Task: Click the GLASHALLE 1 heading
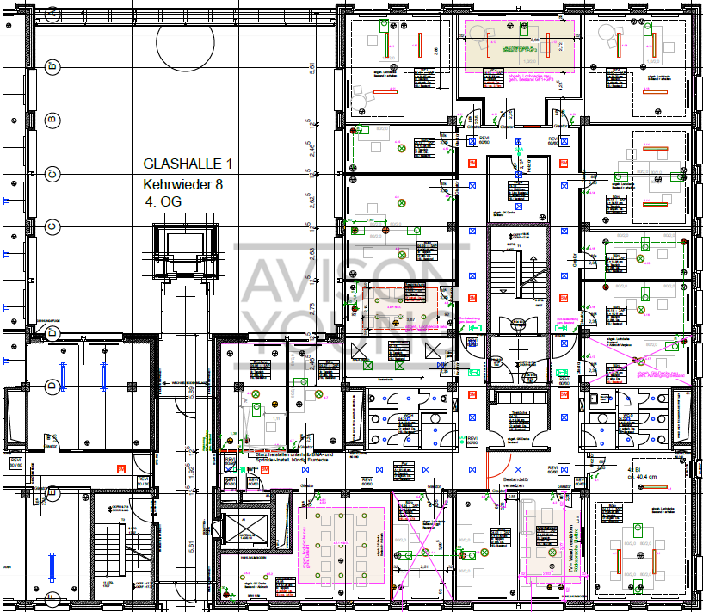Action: pyautogui.click(x=187, y=164)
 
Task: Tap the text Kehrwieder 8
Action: pyautogui.click(x=182, y=184)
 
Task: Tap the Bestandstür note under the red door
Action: pyautogui.click(x=521, y=482)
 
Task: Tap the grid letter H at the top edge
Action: pyautogui.click(x=517, y=8)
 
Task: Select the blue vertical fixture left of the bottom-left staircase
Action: pyautogui.click(x=51, y=569)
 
